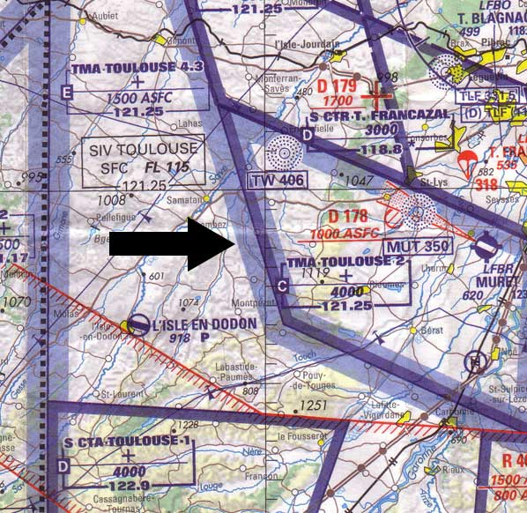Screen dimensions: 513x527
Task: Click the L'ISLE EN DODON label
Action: (x=203, y=324)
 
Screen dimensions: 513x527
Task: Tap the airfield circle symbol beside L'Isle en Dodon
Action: (x=138, y=326)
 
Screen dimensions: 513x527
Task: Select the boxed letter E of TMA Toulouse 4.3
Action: (x=68, y=92)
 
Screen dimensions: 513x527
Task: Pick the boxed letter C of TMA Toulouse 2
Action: (x=282, y=286)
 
